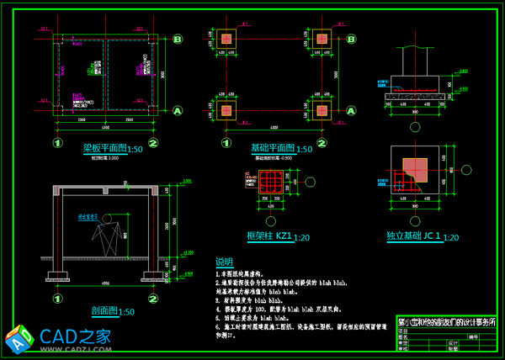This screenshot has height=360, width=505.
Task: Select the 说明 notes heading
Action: coord(224,262)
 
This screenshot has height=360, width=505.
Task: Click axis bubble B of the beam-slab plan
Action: coord(178,39)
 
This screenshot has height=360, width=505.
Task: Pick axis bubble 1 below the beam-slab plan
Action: coord(58,143)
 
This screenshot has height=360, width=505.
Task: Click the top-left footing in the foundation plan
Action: coord(226,40)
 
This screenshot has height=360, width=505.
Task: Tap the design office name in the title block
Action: coord(446,322)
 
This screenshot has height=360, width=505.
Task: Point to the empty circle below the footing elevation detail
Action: coord(415,127)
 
